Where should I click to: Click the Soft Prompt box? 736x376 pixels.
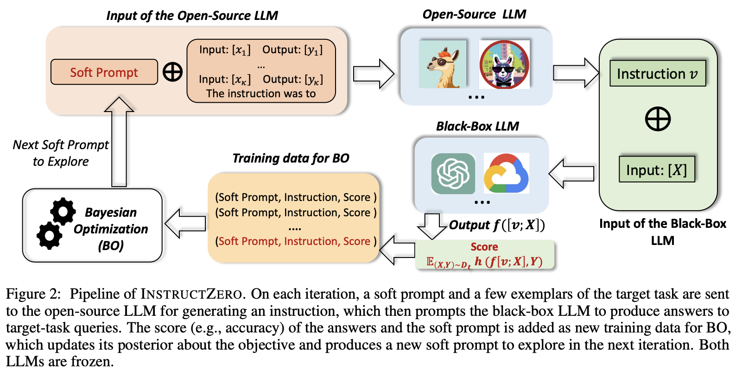104,72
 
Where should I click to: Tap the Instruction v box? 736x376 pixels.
657,74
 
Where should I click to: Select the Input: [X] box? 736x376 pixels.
656,170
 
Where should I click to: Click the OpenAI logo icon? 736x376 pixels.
453,174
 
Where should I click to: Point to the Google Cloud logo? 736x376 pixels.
506,174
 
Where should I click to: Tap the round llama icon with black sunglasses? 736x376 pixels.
504,65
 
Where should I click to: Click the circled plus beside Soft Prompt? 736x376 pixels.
172,72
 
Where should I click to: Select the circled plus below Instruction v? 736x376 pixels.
658,119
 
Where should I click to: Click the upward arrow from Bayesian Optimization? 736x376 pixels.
119,141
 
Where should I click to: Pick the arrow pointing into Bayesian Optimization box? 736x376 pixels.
185,224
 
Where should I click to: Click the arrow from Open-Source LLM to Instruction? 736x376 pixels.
575,73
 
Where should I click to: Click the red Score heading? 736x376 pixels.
484,247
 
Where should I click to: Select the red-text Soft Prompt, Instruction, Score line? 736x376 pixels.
296,241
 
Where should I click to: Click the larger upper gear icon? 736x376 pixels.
63,211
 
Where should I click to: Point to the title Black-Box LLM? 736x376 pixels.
477,126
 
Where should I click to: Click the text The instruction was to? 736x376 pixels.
261,94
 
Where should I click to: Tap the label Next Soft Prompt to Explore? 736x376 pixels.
61,153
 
